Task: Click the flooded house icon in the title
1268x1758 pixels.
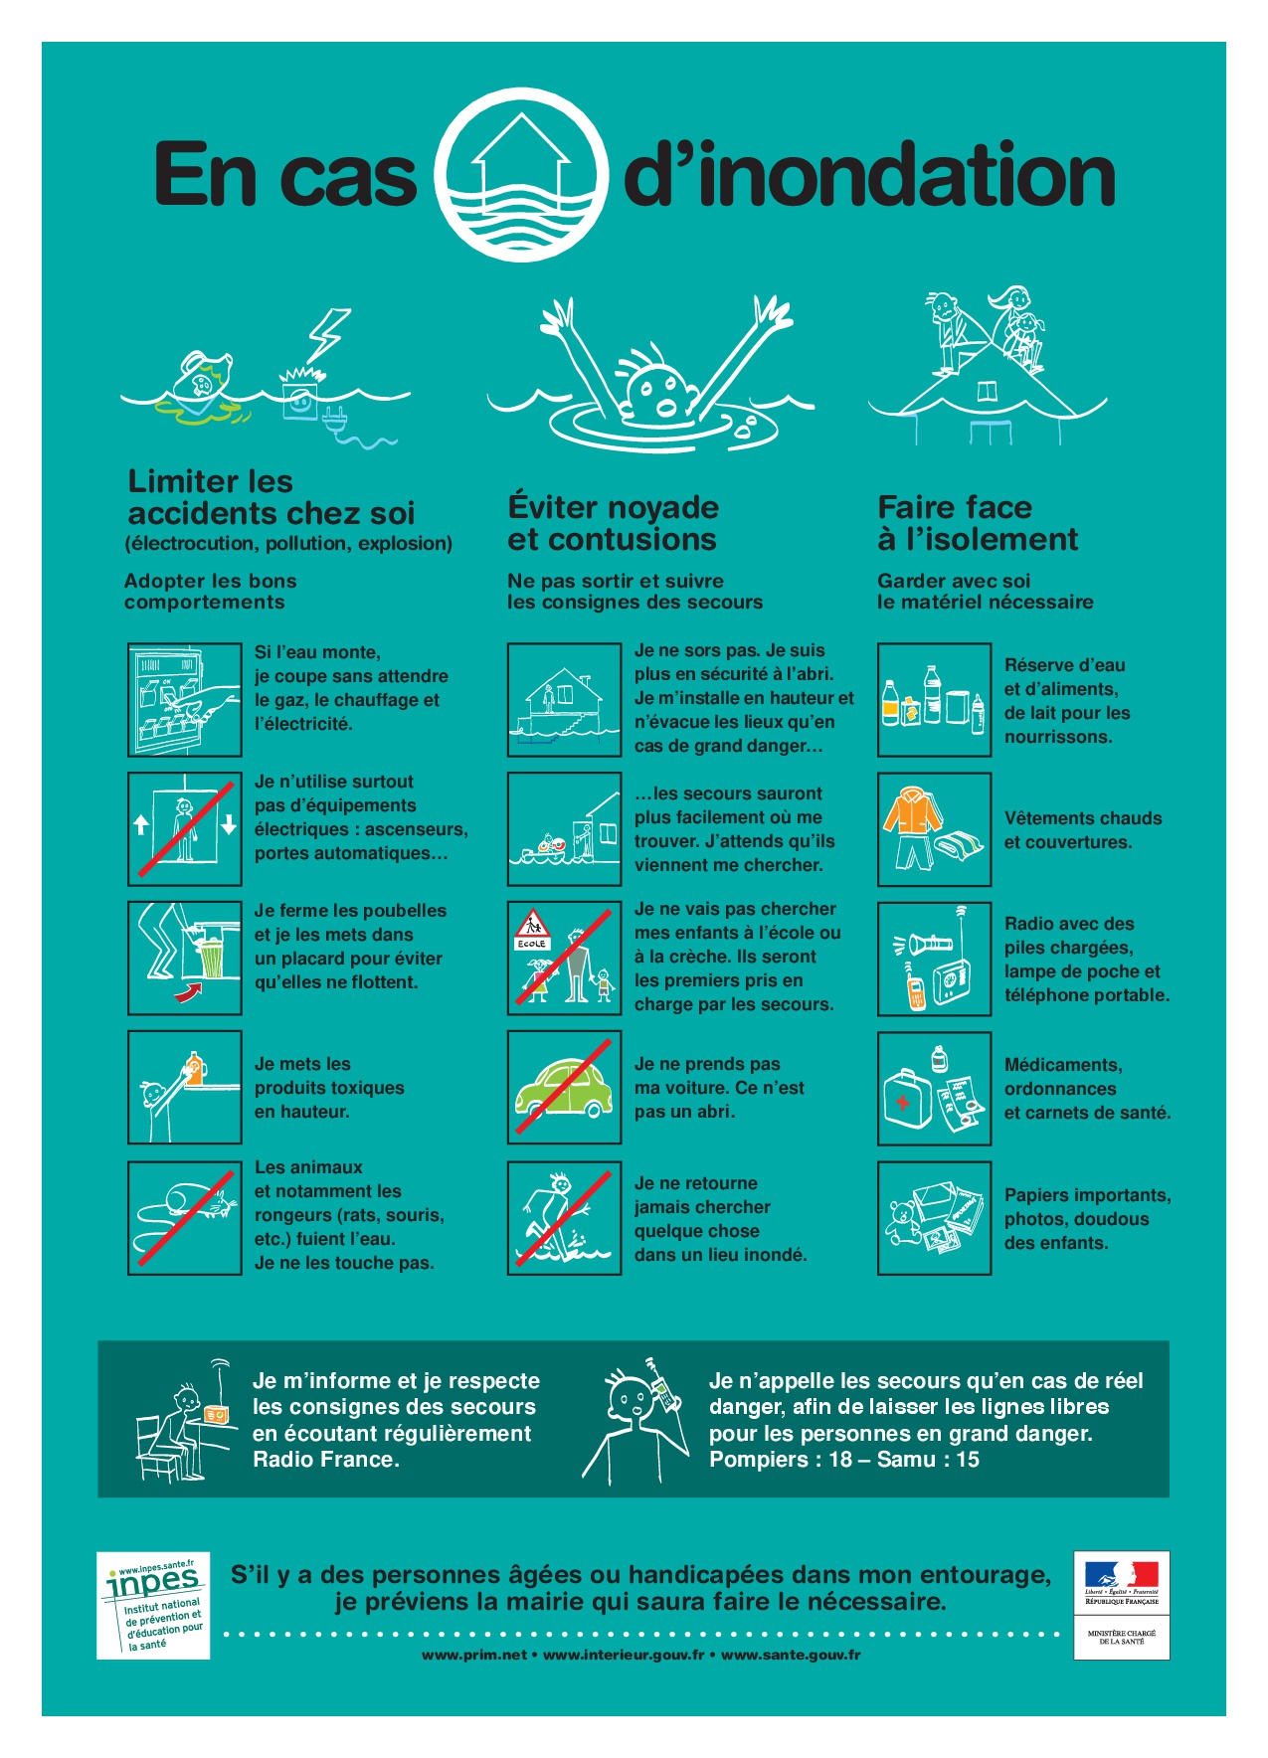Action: click(x=521, y=175)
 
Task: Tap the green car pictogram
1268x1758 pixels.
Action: click(x=564, y=1089)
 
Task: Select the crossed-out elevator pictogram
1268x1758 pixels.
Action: click(x=185, y=828)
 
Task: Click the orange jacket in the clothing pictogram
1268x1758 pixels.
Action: click(x=911, y=815)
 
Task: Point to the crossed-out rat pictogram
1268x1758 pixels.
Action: click(x=185, y=1217)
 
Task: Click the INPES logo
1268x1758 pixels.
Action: click(x=154, y=1605)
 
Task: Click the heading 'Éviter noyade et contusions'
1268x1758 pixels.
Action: click(x=613, y=523)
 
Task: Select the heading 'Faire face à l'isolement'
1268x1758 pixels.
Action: click(x=978, y=523)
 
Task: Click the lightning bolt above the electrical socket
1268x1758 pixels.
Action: click(x=328, y=336)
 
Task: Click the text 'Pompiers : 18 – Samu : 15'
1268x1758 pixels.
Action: click(x=844, y=1460)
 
